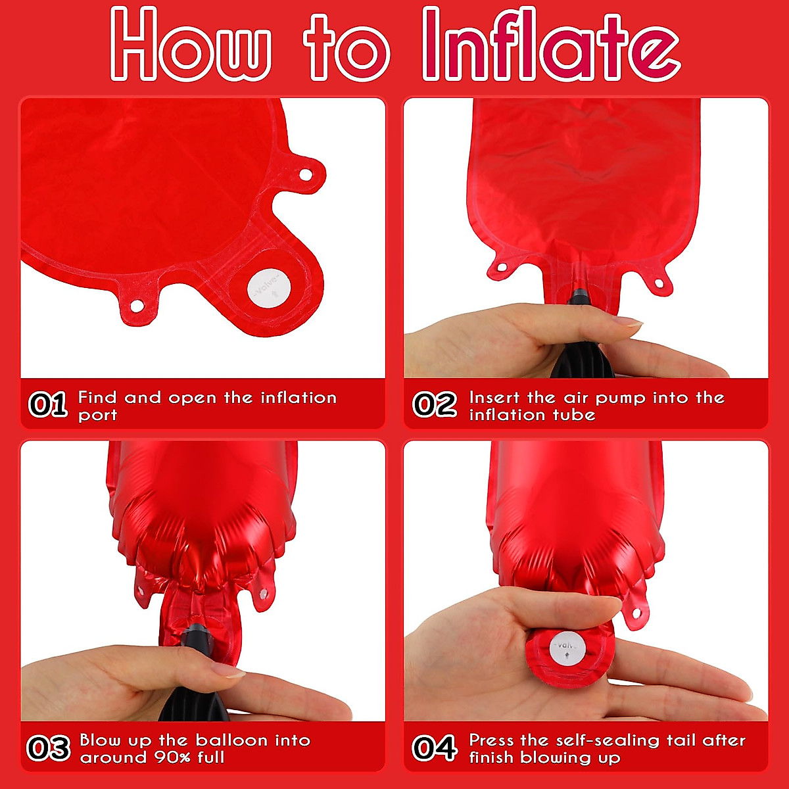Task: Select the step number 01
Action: pyautogui.click(x=48, y=404)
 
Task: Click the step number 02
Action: pyautogui.click(x=435, y=404)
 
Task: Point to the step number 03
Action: pyautogui.click(x=48, y=748)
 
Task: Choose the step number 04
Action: pyautogui.click(x=435, y=748)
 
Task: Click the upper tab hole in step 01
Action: pyautogui.click(x=306, y=175)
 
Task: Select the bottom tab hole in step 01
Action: pyautogui.click(x=137, y=306)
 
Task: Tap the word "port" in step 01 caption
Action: pyautogui.click(x=97, y=416)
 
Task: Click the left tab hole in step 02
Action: pyautogui.click(x=502, y=268)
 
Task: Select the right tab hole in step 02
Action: pyautogui.click(x=659, y=283)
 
